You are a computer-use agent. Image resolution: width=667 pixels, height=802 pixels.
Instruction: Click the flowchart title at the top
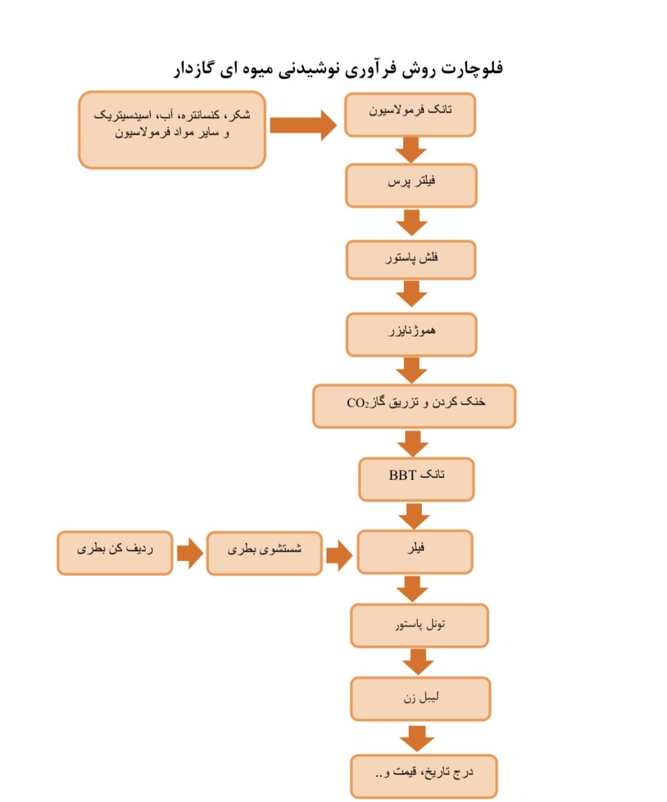point(338,69)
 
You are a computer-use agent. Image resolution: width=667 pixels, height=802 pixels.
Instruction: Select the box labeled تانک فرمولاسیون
point(410,114)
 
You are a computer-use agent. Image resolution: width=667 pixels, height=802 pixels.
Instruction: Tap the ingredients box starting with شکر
point(172,130)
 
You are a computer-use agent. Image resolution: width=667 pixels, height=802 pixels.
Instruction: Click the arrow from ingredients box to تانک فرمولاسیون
point(303,125)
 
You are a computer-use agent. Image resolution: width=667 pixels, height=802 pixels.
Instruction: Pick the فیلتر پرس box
point(412,185)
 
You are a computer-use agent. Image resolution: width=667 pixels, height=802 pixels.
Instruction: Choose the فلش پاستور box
point(412,260)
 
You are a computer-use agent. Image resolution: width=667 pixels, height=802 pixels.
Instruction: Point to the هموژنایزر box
point(412,334)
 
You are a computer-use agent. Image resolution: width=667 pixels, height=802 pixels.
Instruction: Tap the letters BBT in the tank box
point(402,475)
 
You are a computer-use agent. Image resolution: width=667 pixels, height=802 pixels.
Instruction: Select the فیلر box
point(415,552)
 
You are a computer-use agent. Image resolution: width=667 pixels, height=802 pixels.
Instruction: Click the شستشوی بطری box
point(264,553)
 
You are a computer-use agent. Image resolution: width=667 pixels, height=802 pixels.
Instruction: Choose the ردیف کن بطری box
point(115,552)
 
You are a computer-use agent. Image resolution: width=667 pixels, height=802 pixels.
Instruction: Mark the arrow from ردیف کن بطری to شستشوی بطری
point(190,553)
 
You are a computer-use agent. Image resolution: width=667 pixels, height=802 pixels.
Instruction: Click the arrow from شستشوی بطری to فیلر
point(339,556)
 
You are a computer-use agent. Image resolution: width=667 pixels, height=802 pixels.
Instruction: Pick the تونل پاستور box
point(419,626)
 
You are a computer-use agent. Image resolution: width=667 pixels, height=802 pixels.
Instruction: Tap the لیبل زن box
point(421,699)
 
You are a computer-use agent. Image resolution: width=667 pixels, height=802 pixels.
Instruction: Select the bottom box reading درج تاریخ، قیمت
point(423,776)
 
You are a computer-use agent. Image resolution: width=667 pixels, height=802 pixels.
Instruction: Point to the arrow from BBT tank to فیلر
point(414,516)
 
